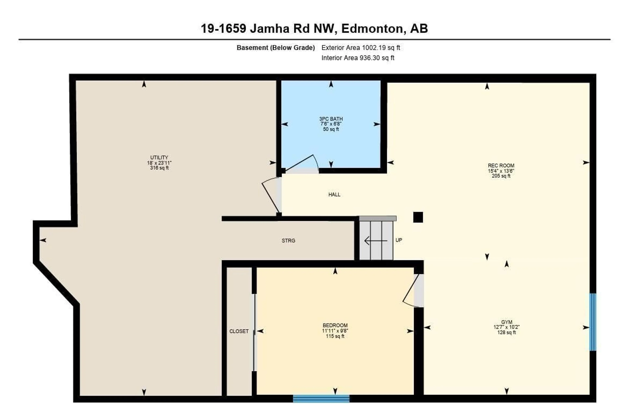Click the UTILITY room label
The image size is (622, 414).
tap(159, 157)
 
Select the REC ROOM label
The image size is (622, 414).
tap(501, 166)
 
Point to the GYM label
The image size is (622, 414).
tap(506, 322)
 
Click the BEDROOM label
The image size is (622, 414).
tap(335, 325)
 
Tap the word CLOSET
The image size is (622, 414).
tap(239, 331)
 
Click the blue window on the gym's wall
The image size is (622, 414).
tap(593, 322)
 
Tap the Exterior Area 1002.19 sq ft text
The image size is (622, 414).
tap(360, 48)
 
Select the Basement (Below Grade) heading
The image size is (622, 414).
tap(275, 48)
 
